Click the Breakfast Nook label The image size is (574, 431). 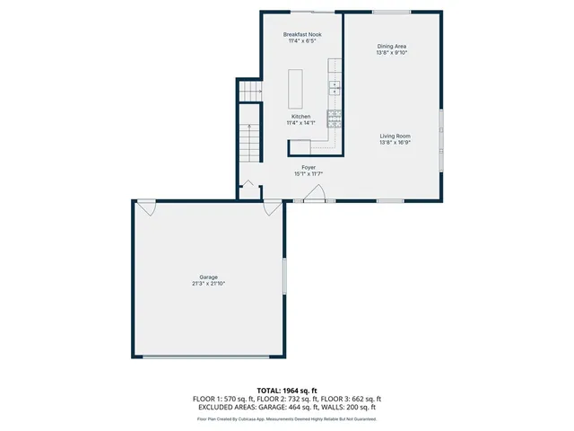301,34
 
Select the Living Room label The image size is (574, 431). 395,136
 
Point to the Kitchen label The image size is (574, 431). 300,116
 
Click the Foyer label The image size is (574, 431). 308,167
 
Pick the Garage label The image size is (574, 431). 208,277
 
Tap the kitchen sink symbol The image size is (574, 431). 335,87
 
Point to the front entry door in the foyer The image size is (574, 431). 314,197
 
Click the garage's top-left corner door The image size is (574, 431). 146,207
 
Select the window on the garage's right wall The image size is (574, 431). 283,275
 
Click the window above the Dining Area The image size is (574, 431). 393,12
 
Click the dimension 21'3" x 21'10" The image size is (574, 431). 208,284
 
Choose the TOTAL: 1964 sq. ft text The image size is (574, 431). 287,391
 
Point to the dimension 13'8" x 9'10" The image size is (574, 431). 393,52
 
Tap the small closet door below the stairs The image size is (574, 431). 248,187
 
